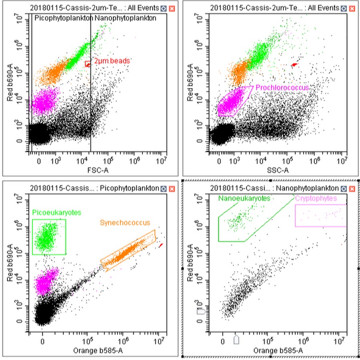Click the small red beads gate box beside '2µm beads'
88,64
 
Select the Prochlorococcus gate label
282,87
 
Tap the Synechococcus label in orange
125,222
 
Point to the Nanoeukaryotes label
244,198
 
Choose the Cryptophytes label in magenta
316,198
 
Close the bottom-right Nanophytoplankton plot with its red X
352,188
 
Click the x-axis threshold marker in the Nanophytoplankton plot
236,339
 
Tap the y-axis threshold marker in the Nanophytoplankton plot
202,311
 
